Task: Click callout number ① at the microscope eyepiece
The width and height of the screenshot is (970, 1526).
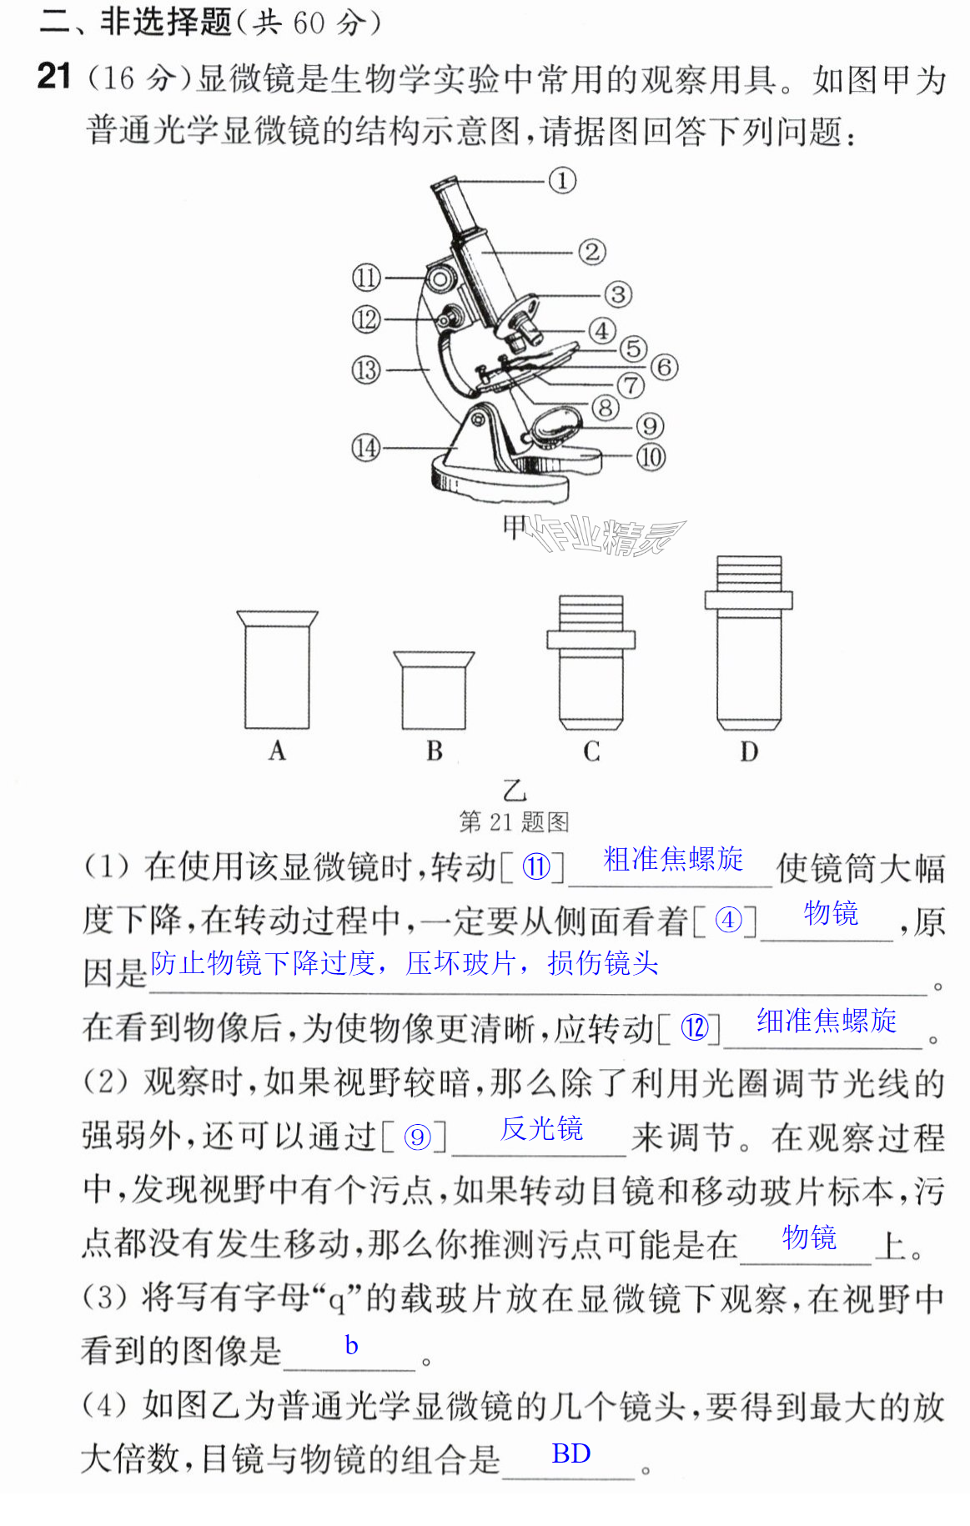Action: click(562, 180)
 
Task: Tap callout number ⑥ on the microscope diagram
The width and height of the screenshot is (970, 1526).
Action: click(664, 366)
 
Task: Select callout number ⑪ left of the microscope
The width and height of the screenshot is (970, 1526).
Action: click(366, 278)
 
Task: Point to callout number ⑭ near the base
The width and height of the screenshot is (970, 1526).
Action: click(366, 448)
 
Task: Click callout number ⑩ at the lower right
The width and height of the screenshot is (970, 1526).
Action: click(651, 456)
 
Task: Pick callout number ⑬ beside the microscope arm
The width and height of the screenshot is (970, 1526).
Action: click(366, 369)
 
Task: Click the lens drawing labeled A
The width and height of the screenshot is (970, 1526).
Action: click(277, 670)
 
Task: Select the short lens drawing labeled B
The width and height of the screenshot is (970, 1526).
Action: click(434, 690)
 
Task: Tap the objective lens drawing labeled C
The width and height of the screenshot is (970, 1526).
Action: click(591, 662)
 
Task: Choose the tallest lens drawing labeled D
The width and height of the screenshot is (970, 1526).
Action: click(749, 643)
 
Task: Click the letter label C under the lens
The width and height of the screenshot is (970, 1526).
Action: click(591, 751)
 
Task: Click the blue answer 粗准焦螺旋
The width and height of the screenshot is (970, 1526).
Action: click(673, 859)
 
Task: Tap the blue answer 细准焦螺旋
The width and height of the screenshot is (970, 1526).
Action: click(827, 1021)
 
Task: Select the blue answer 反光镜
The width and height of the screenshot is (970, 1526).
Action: click(541, 1129)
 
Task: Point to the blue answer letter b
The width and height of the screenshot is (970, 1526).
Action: click(351, 1345)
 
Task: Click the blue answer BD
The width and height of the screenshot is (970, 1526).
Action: click(571, 1453)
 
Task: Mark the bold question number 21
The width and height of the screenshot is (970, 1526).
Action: click(55, 77)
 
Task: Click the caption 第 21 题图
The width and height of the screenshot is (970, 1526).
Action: click(514, 822)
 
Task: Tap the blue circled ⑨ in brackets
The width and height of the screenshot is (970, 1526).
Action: click(416, 1137)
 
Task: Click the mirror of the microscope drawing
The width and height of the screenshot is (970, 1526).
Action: click(556, 424)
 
